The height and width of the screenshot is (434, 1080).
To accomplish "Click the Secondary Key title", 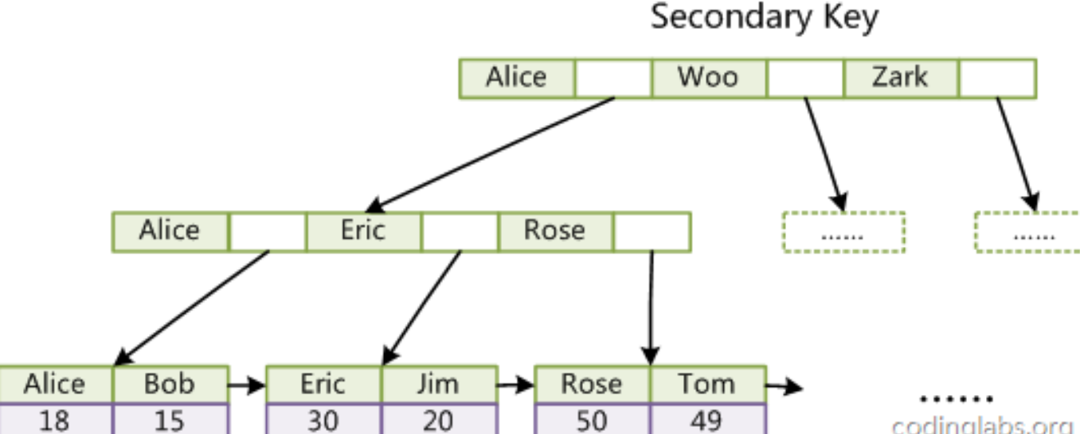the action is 765,18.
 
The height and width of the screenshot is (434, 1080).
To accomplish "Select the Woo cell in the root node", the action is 708,77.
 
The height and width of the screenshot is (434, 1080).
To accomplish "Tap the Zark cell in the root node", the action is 899,77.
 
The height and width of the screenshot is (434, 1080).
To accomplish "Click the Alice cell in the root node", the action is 516,77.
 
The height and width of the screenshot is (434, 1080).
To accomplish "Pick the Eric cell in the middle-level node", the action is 362,231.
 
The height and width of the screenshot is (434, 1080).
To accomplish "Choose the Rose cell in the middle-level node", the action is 554,231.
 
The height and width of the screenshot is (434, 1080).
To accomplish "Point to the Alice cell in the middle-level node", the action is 170,231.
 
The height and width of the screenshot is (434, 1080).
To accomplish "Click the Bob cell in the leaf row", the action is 170,384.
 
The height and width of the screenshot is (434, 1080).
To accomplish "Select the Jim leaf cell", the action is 438,384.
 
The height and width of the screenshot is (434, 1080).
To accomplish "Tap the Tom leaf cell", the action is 706,384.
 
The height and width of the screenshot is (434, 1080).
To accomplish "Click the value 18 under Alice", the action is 54,419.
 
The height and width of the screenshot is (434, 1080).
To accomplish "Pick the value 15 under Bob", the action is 170,419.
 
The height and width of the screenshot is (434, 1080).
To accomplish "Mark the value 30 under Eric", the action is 323,419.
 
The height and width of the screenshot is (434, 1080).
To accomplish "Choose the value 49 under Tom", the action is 706,419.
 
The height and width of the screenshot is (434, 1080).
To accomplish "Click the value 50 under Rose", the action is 591,419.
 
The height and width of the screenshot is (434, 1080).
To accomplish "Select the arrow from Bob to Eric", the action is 247,387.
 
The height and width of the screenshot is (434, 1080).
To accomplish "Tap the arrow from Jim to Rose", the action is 516,387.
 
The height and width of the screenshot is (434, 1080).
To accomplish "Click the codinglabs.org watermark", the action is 984,424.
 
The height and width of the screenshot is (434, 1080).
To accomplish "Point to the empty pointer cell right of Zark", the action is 997,77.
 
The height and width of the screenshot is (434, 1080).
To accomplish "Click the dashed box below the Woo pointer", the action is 843,233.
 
